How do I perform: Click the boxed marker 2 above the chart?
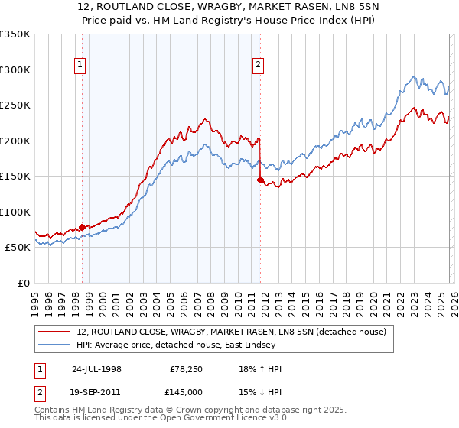[259, 66]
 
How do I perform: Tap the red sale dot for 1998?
[83, 227]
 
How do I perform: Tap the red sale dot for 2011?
[260, 180]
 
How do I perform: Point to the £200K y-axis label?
[15, 141]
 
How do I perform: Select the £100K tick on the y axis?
[15, 212]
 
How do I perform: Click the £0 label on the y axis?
[24, 283]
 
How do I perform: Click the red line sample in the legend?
[54, 332]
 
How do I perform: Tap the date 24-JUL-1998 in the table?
[96, 369]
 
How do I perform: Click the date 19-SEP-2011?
[96, 391]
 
